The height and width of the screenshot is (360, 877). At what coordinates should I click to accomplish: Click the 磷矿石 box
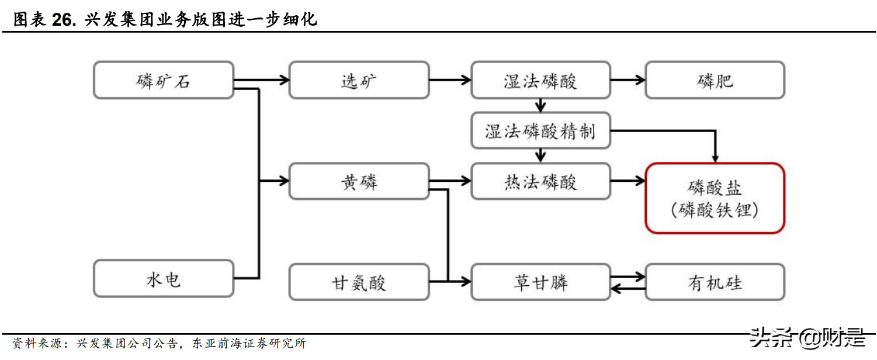164,80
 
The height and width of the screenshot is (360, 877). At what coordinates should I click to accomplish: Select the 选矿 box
359,80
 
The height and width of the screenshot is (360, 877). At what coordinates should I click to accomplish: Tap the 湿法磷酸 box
540,80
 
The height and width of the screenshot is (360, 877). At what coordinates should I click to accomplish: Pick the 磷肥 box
715,80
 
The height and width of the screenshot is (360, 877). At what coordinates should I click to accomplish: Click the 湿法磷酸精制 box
540,131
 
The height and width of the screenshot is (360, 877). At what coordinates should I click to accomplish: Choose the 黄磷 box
359,182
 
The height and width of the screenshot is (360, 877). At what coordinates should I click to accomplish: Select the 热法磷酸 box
540,182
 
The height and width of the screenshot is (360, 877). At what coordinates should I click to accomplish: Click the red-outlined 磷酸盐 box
715,198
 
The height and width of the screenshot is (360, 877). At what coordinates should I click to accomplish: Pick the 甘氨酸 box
359,283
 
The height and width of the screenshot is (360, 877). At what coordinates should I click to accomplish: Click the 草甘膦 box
540,282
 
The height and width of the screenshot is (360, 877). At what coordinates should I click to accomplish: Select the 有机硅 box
715,282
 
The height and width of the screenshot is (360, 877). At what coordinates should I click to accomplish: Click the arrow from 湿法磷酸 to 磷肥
628,80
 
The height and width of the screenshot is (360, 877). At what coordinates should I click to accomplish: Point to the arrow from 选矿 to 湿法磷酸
450,80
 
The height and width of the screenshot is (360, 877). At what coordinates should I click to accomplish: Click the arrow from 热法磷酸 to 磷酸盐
628,182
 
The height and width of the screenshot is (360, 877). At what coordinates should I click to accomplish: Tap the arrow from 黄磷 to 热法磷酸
450,182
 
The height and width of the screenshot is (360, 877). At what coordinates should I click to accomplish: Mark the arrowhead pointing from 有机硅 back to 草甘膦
615,288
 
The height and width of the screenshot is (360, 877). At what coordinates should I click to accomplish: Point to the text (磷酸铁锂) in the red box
715,210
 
